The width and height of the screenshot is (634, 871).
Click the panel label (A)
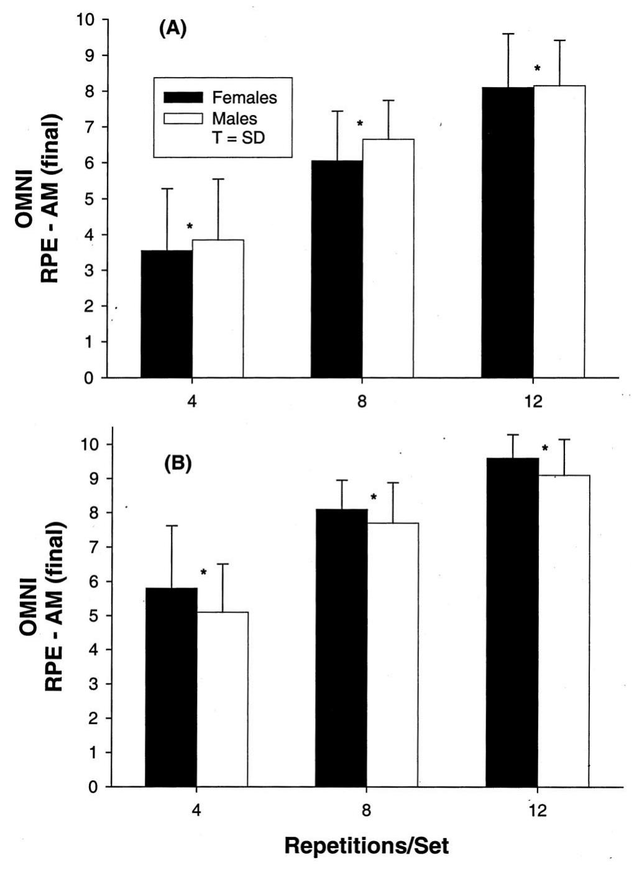coord(173,29)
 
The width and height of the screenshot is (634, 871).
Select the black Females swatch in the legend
coord(183,98)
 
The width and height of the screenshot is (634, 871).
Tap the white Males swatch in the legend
coord(183,118)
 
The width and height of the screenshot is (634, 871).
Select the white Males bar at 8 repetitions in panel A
coord(388,258)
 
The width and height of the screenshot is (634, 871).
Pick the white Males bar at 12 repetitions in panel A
coord(559,231)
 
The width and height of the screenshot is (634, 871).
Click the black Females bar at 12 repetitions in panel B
coord(512,622)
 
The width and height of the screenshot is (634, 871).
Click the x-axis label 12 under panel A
coord(533,401)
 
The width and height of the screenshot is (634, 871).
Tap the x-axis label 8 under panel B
coord(367,811)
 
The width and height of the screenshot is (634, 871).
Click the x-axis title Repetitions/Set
coord(367,846)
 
